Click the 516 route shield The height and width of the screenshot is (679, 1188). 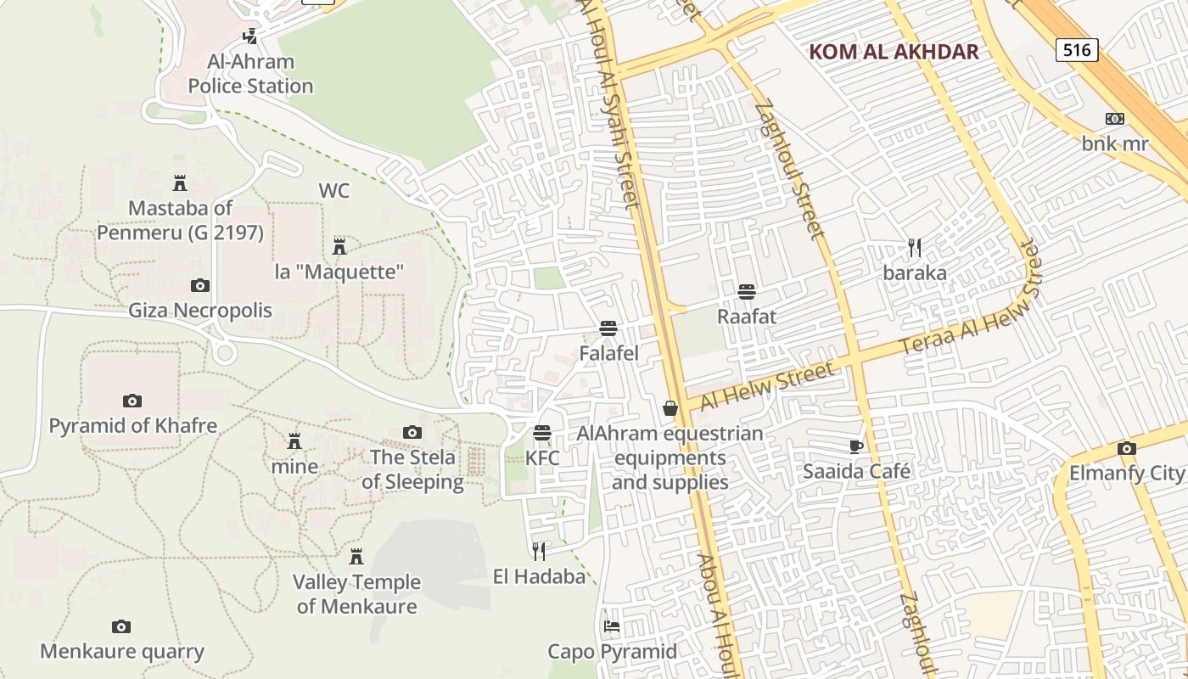[1077, 50]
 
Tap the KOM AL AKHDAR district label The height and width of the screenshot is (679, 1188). [894, 52]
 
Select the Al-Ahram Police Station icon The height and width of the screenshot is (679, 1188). [250, 36]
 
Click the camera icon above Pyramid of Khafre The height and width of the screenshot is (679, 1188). [132, 401]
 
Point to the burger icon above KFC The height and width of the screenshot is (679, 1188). [542, 434]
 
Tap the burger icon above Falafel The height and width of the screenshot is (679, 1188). [608, 328]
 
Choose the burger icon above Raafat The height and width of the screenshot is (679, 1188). [747, 292]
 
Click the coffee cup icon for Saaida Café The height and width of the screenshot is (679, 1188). [856, 446]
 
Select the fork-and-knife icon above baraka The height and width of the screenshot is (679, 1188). [915, 248]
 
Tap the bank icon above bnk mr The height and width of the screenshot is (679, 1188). [1115, 119]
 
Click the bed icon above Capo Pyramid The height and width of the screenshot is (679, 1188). [612, 627]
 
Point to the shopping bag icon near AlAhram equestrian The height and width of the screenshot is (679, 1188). [670, 409]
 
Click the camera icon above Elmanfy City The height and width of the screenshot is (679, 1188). [1127, 448]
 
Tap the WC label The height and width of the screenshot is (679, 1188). [334, 191]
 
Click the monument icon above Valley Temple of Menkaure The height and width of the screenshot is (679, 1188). [356, 557]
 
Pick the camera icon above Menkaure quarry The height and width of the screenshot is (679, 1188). [121, 626]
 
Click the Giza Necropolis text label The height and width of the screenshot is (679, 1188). [200, 310]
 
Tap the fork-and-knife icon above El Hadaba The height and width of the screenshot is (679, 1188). [539, 552]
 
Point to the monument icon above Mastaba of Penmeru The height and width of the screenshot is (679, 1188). [180, 182]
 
